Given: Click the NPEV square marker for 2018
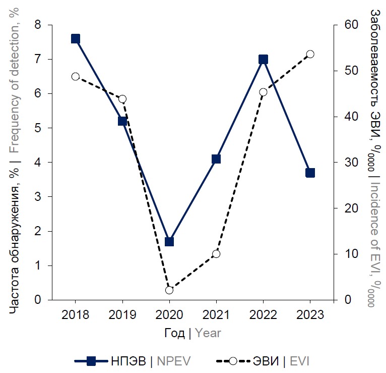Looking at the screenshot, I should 76,39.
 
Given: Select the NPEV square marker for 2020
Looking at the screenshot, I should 169,241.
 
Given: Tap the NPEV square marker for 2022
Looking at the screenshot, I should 263,59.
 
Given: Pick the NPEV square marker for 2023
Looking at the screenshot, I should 310,173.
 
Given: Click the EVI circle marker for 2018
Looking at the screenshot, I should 76,76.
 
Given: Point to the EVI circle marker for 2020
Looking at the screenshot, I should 169,290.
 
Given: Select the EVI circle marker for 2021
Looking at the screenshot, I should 216,254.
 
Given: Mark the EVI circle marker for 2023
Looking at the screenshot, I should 310,54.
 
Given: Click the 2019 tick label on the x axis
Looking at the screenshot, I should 122,315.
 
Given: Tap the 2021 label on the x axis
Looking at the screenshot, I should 216,315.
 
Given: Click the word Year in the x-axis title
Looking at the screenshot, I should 208,333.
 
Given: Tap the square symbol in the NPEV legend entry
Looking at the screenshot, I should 92,361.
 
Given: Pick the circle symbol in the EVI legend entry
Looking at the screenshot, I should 233,361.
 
